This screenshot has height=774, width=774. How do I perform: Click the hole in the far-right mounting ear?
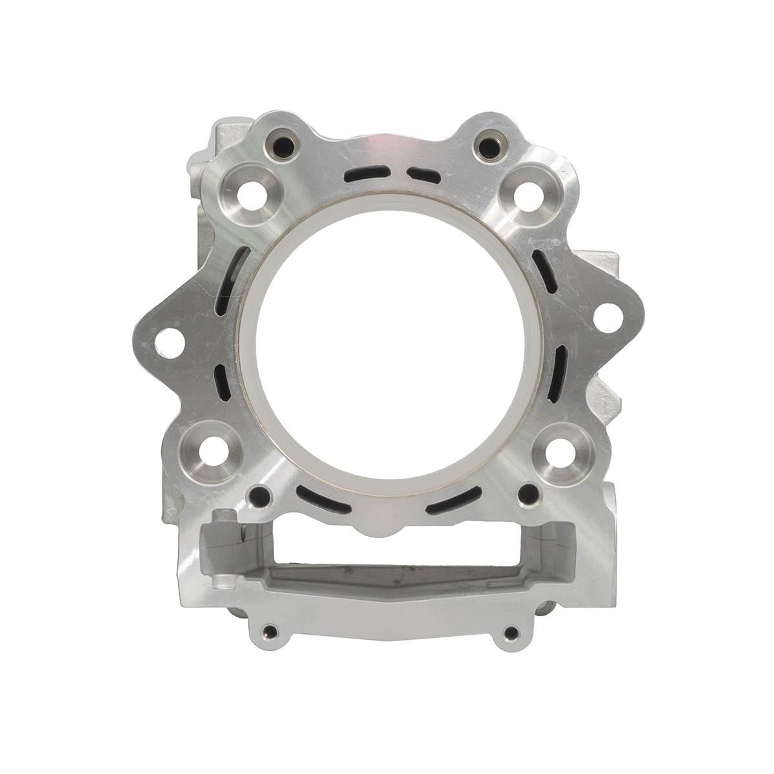point(604,317)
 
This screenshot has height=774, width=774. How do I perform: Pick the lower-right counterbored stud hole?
point(555,450)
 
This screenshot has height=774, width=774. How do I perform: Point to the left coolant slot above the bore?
point(364,174)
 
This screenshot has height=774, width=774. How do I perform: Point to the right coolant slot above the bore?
point(421,173)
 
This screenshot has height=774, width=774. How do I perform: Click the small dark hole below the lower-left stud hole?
point(261,496)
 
